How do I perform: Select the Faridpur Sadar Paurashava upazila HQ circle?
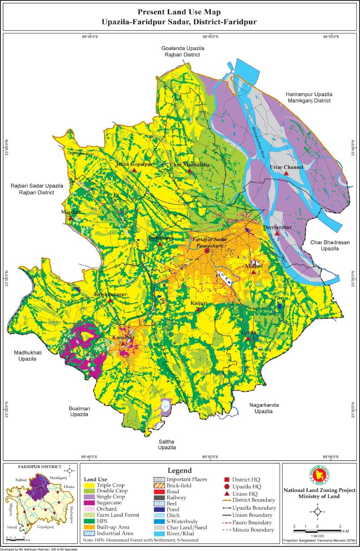point(207,251)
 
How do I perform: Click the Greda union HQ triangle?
point(248,338)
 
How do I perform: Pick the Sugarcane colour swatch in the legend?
point(89,503)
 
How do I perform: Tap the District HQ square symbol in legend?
point(227,479)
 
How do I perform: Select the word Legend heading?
point(180,470)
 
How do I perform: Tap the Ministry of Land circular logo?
point(317,477)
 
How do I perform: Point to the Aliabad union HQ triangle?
point(254,272)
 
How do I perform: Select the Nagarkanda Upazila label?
point(264,408)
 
